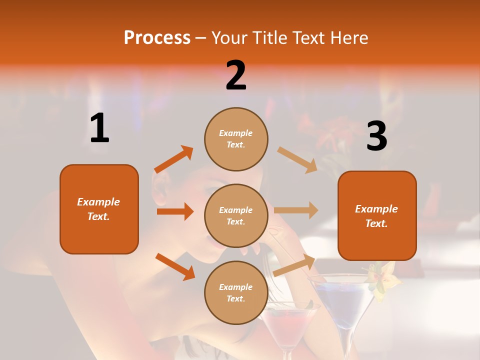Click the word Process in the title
(157, 37)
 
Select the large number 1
(99, 128)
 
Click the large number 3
(376, 136)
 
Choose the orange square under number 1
(99, 209)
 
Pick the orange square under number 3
(377, 215)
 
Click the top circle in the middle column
(236, 139)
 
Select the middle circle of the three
(236, 215)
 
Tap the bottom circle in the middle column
(236, 292)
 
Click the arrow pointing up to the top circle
(174, 159)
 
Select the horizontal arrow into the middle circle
(175, 211)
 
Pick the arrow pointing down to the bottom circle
(175, 266)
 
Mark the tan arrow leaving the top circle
(297, 159)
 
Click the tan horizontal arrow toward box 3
(296, 210)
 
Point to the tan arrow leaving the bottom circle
(294, 264)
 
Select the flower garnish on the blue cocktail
(381, 280)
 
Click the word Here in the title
(348, 37)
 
